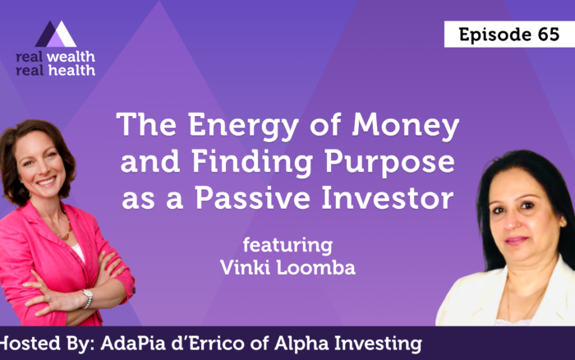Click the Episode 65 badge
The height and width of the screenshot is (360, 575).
click(509, 35)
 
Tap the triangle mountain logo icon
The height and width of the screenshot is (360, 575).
click(56, 35)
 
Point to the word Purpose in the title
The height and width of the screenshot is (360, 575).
click(390, 161)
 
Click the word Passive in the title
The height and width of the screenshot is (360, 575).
click(253, 198)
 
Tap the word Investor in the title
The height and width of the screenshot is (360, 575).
click(387, 198)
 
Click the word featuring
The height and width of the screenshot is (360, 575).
click(287, 245)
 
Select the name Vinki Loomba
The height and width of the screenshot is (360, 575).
click(287, 267)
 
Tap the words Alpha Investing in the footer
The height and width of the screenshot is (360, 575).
click(348, 344)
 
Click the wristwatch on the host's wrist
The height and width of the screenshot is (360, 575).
click(87, 298)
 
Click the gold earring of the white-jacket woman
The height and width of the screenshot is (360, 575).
click(562, 223)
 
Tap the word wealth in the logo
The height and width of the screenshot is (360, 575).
click(71, 57)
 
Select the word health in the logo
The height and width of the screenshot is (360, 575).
click(71, 70)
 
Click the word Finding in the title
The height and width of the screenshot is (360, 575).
click(252, 161)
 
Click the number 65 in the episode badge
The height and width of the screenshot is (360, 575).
click(549, 35)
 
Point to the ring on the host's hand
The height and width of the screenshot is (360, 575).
click(48, 298)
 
